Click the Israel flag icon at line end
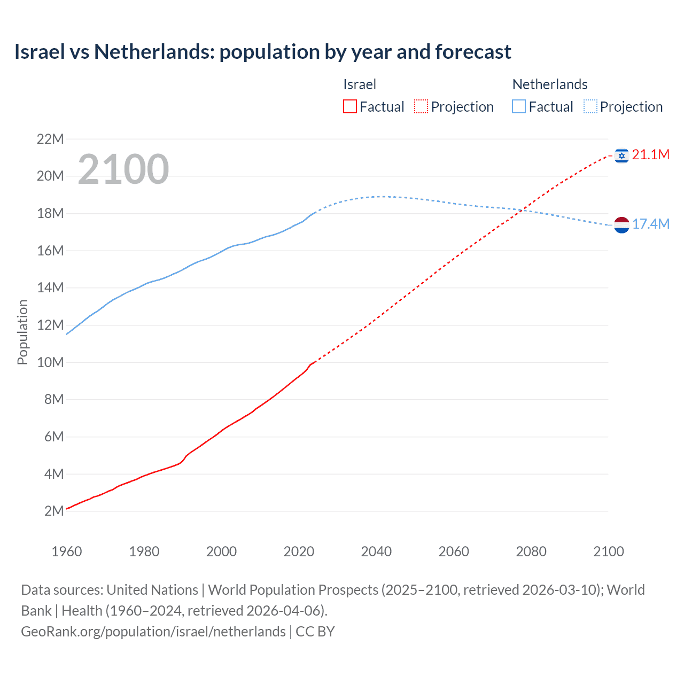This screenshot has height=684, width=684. click(x=621, y=156)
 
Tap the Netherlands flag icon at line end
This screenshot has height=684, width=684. click(x=621, y=225)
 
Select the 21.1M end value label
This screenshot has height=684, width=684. click(x=650, y=155)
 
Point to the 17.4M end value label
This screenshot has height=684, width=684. click(x=650, y=224)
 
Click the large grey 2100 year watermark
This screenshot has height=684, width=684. click(x=123, y=169)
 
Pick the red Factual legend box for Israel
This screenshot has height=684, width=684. click(x=349, y=107)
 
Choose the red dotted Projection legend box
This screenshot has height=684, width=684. click(x=421, y=107)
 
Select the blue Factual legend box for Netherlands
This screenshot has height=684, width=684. click(x=519, y=107)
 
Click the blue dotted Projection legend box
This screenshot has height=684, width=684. click(x=590, y=107)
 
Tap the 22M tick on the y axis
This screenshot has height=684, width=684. click(x=50, y=139)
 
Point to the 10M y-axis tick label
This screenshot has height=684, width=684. click(x=50, y=363)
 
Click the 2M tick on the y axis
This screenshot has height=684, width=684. click(x=54, y=511)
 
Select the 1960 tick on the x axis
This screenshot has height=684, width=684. click(x=67, y=551)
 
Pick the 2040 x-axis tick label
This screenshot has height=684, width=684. click(x=376, y=551)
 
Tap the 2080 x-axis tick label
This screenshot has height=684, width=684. click(x=531, y=551)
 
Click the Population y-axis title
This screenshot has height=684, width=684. click(x=22, y=332)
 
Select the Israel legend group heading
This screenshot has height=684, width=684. click(x=360, y=84)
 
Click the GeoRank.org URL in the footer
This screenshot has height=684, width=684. click(x=153, y=632)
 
